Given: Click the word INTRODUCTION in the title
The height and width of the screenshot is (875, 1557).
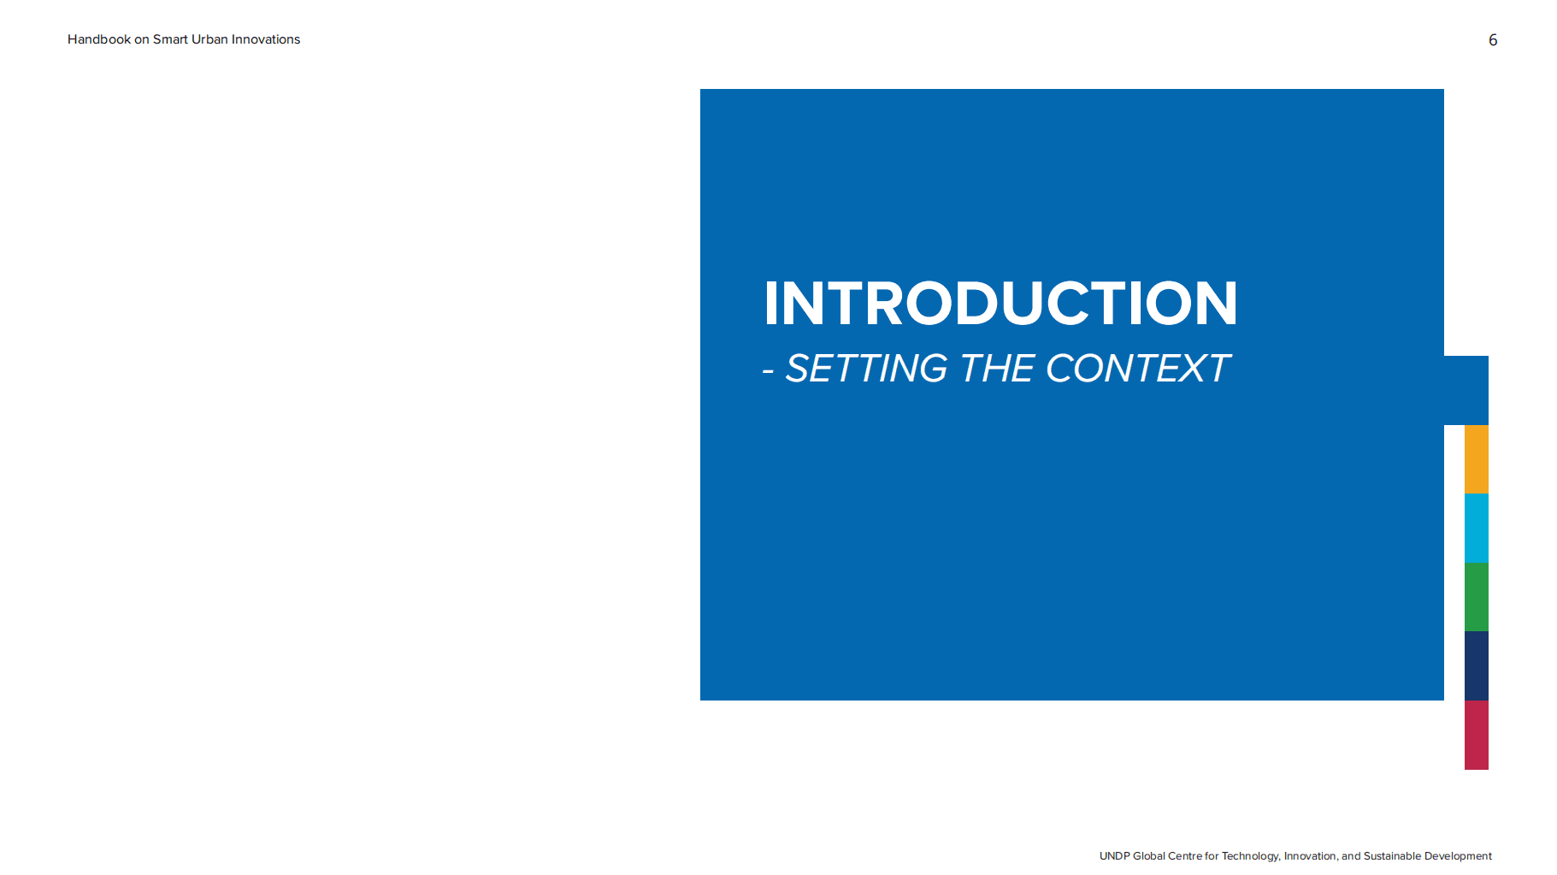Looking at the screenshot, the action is (x=1000, y=304).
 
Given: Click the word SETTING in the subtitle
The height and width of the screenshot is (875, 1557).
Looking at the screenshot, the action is (x=866, y=369).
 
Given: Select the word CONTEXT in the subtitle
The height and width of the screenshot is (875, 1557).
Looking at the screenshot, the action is (x=1138, y=369).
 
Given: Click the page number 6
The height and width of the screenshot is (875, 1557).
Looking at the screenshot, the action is (x=1493, y=40).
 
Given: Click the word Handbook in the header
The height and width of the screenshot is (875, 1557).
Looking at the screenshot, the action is (x=99, y=39).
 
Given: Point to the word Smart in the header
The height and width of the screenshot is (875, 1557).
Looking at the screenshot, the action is (x=170, y=39).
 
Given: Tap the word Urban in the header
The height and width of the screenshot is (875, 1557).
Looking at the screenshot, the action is (x=209, y=39).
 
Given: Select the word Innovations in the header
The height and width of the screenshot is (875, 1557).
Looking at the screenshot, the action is (x=266, y=39).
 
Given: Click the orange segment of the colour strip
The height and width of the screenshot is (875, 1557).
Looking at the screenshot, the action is (x=1477, y=459).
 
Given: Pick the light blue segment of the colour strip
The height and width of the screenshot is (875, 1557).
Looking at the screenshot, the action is (x=1477, y=528).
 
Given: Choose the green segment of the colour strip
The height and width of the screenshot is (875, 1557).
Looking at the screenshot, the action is (x=1477, y=597).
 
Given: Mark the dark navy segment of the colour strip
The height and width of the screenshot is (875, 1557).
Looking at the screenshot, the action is (x=1477, y=665).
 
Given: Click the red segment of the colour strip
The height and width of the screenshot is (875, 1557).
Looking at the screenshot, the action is (x=1477, y=735).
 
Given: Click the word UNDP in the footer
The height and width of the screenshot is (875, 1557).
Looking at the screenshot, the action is (x=1114, y=856).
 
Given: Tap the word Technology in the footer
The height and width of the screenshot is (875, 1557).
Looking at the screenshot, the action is (x=1251, y=856).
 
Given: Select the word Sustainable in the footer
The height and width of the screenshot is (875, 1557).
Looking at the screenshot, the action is (x=1392, y=856).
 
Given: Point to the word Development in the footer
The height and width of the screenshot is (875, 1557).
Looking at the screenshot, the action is (x=1458, y=856).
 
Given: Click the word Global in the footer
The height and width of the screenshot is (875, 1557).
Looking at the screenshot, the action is (x=1148, y=856).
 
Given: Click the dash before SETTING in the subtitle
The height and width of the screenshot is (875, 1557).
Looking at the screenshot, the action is (x=768, y=371).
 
